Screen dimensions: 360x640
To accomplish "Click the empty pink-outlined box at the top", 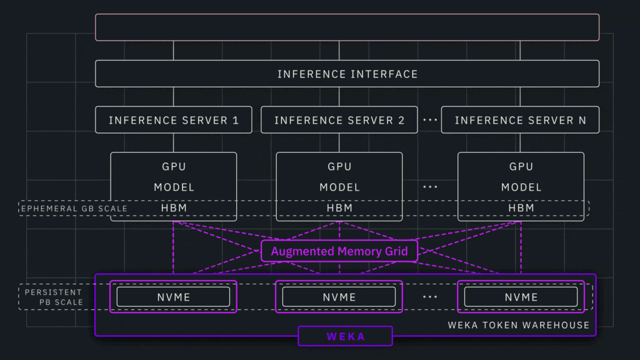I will tap(347, 27).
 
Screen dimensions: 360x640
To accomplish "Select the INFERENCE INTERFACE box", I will tap(347, 74).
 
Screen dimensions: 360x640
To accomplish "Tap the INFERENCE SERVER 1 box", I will tap(174, 120).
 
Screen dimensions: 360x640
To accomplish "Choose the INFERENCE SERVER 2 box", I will tap(339, 120).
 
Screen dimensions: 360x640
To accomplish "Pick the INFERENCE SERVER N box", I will tap(520, 120).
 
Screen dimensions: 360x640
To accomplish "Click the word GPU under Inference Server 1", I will tap(174, 167).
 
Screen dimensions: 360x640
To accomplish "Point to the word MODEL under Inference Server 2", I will tap(339, 187).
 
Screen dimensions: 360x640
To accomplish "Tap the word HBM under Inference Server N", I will tap(521, 207).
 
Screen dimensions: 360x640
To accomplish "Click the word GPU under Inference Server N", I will tap(521, 167).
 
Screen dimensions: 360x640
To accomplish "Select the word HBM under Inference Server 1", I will tap(174, 207).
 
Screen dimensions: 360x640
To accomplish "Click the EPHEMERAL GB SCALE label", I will tap(74, 208).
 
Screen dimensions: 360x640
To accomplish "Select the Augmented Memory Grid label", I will tap(339, 251).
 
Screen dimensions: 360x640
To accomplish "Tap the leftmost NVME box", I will tap(174, 297).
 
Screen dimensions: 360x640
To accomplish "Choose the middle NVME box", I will tap(339, 297).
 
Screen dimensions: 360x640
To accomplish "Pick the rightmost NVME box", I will tap(521, 297).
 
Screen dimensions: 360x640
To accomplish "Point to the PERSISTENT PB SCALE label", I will tap(54, 297).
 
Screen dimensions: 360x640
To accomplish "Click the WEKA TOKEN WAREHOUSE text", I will tap(518, 325).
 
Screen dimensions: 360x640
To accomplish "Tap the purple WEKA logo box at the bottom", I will tap(345, 336).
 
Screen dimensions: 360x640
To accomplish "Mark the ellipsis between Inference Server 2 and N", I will tap(430, 121).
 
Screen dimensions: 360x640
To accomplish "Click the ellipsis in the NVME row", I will tap(430, 297).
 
